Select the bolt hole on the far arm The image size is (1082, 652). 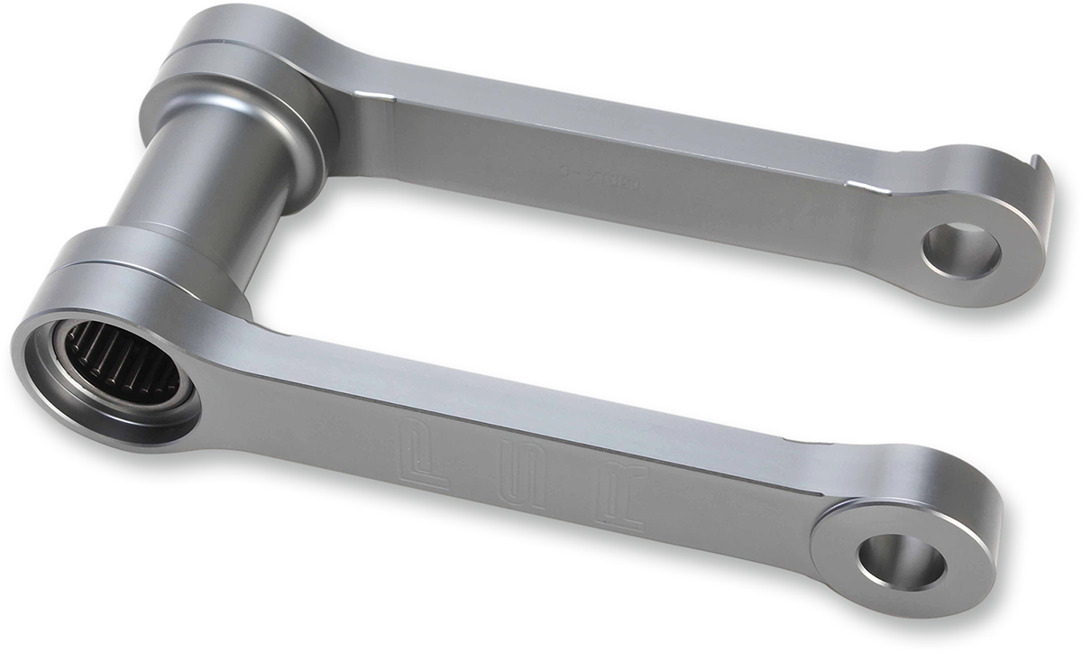coord(961,251)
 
